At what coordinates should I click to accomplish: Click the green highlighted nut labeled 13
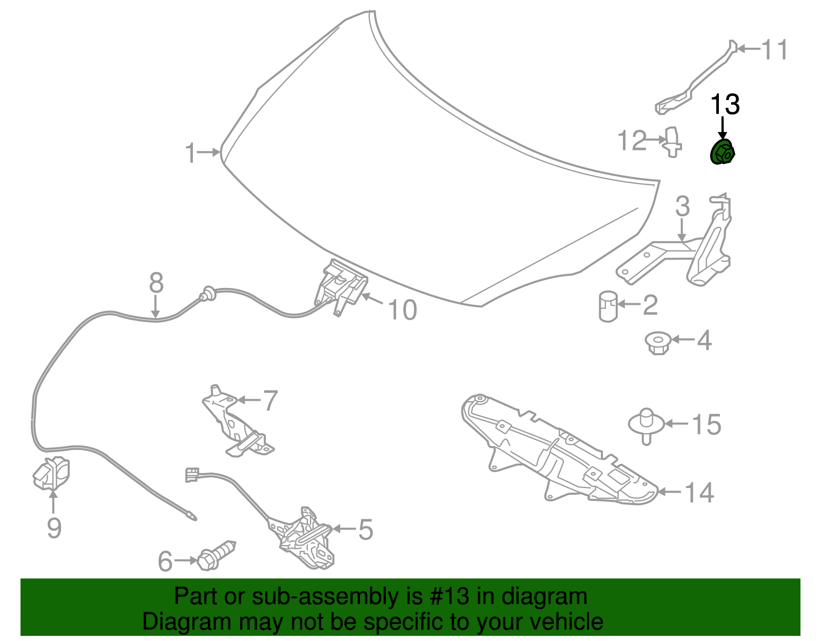[722, 152]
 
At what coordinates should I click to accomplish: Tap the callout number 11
[774, 49]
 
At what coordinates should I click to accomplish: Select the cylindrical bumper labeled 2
[608, 306]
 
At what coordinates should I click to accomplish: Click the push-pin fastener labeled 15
[647, 426]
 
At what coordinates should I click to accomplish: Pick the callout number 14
[699, 493]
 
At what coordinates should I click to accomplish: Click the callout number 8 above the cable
[156, 283]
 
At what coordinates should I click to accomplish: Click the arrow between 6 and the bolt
[186, 560]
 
